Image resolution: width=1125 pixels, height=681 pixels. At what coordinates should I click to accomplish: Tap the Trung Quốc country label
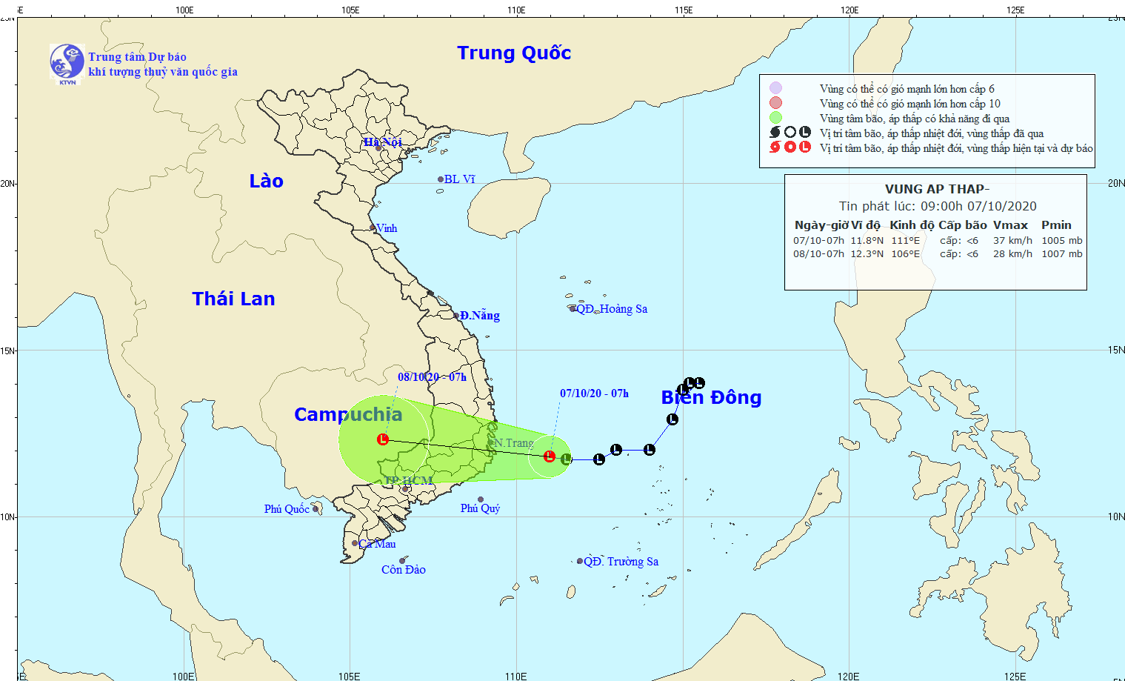514,53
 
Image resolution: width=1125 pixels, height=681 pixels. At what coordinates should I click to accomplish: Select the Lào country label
266,182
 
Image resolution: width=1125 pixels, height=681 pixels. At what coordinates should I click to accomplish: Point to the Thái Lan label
233,299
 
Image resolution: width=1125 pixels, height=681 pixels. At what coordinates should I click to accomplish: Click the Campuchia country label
348,414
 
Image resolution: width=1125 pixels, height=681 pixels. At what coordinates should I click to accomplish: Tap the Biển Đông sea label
711,398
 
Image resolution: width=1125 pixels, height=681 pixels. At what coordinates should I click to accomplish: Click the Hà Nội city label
382,142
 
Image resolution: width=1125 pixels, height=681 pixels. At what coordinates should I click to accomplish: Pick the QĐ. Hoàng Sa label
612,309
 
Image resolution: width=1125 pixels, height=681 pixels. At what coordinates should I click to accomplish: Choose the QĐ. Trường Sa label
621,562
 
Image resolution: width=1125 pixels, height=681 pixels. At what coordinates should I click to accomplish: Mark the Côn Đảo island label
404,570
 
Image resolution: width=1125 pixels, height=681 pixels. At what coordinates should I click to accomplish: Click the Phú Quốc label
287,509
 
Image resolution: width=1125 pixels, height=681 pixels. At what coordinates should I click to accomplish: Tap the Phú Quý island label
480,508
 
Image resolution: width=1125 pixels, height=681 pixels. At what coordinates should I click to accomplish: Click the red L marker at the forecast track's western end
383,439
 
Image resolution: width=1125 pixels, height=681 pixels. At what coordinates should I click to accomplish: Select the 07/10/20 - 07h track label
594,393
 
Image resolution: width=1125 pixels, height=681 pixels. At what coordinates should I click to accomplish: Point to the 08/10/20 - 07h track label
432,377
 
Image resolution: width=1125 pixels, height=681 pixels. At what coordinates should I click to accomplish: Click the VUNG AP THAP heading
937,189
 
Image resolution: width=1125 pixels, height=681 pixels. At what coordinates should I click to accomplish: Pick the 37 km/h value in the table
1012,241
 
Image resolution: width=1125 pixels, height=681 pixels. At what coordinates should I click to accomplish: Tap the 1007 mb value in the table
1061,254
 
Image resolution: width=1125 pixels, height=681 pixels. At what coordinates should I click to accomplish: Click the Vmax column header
1010,225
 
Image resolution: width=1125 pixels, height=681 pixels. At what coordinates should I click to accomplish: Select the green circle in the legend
775,118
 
